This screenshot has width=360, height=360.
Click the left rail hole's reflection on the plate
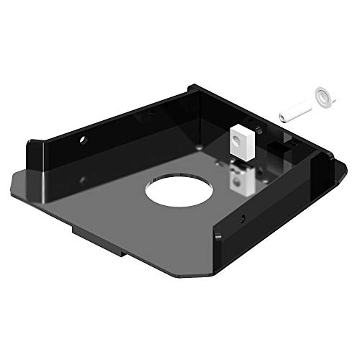84,180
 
